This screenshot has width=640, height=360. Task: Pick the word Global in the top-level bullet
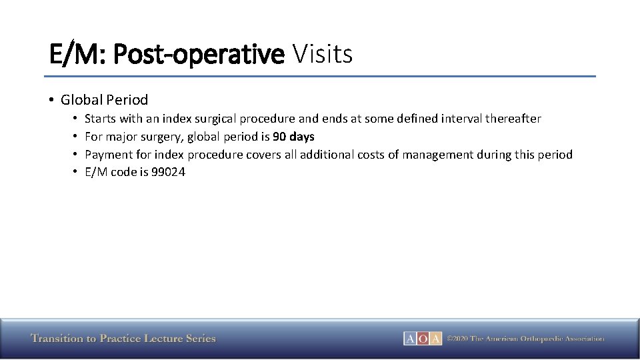pos(81,100)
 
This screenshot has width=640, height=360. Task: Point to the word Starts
pos(101,119)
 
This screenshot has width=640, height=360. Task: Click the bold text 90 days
pos(293,137)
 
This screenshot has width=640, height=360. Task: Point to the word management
pos(440,155)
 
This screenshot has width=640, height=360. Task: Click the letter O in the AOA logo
pos(423,339)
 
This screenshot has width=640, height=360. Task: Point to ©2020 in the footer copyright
pos(457,339)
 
